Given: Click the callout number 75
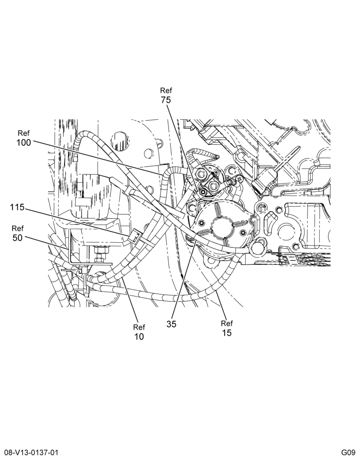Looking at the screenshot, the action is (165, 100).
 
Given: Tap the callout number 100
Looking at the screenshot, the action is (24, 143).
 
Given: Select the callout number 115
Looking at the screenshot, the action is (17, 207).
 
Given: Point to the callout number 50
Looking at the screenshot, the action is (17, 238).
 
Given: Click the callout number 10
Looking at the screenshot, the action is (139, 336).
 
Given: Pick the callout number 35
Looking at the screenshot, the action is (172, 325).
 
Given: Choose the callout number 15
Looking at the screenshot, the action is (227, 333).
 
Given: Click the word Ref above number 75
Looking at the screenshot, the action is (166, 90).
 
